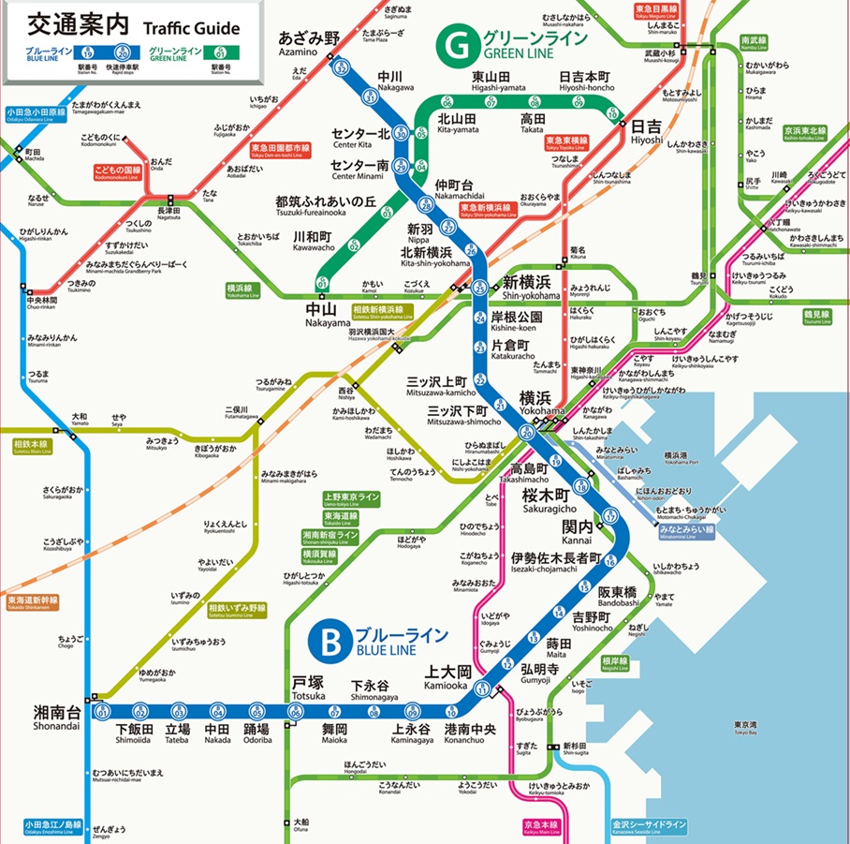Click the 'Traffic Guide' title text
pos(191,27)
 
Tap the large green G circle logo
pos(460,43)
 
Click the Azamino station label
pos(309,44)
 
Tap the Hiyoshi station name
pos(646,130)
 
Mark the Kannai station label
pos(578,531)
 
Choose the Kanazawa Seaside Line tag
pos(649,827)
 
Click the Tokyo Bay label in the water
pos(745,728)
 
